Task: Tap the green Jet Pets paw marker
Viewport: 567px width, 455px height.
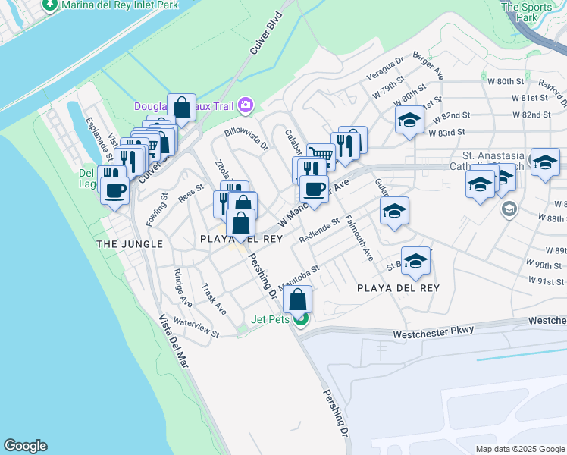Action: pyautogui.click(x=301, y=319)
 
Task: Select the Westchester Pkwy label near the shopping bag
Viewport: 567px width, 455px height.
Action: pyautogui.click(x=433, y=331)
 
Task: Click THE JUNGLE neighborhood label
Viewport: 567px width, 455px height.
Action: pyautogui.click(x=130, y=243)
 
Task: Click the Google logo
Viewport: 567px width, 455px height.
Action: pyautogui.click(x=25, y=446)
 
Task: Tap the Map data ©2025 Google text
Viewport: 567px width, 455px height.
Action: pyautogui.click(x=519, y=449)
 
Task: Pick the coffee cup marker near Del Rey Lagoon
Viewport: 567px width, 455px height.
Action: pyautogui.click(x=114, y=190)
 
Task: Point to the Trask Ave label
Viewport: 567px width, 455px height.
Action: pyautogui.click(x=215, y=300)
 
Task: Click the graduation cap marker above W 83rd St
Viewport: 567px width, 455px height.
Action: pyautogui.click(x=409, y=121)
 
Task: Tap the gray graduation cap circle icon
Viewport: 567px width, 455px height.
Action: pyautogui.click(x=509, y=209)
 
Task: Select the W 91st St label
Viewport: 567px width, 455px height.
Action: pyautogui.click(x=547, y=280)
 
